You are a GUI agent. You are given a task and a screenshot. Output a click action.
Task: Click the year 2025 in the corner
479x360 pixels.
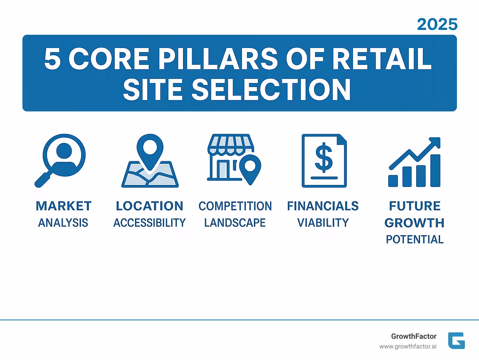click(437, 24)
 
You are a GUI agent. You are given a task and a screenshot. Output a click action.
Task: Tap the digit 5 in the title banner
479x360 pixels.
click(52, 59)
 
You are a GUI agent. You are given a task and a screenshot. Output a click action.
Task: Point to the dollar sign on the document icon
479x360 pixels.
click(324, 158)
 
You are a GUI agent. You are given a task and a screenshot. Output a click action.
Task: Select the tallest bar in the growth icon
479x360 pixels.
click(435, 170)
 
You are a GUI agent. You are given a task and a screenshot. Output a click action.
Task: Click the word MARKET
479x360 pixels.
click(64, 206)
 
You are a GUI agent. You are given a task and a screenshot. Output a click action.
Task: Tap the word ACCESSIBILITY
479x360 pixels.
click(149, 223)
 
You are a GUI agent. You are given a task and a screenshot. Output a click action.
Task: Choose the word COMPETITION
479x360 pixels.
click(235, 206)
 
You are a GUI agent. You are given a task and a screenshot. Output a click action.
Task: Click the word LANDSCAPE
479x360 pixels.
click(235, 223)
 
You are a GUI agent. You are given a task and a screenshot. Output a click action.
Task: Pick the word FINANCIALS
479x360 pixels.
click(323, 206)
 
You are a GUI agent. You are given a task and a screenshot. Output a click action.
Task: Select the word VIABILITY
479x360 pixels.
click(323, 223)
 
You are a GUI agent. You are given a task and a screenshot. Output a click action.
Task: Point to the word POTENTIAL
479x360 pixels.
click(414, 240)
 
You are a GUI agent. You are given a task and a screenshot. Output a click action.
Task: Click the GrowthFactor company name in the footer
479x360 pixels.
click(414, 336)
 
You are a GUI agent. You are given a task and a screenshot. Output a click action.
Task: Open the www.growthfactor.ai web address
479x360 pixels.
click(408, 347)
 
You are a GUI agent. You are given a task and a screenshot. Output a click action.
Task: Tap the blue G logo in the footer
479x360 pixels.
click(456, 341)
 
